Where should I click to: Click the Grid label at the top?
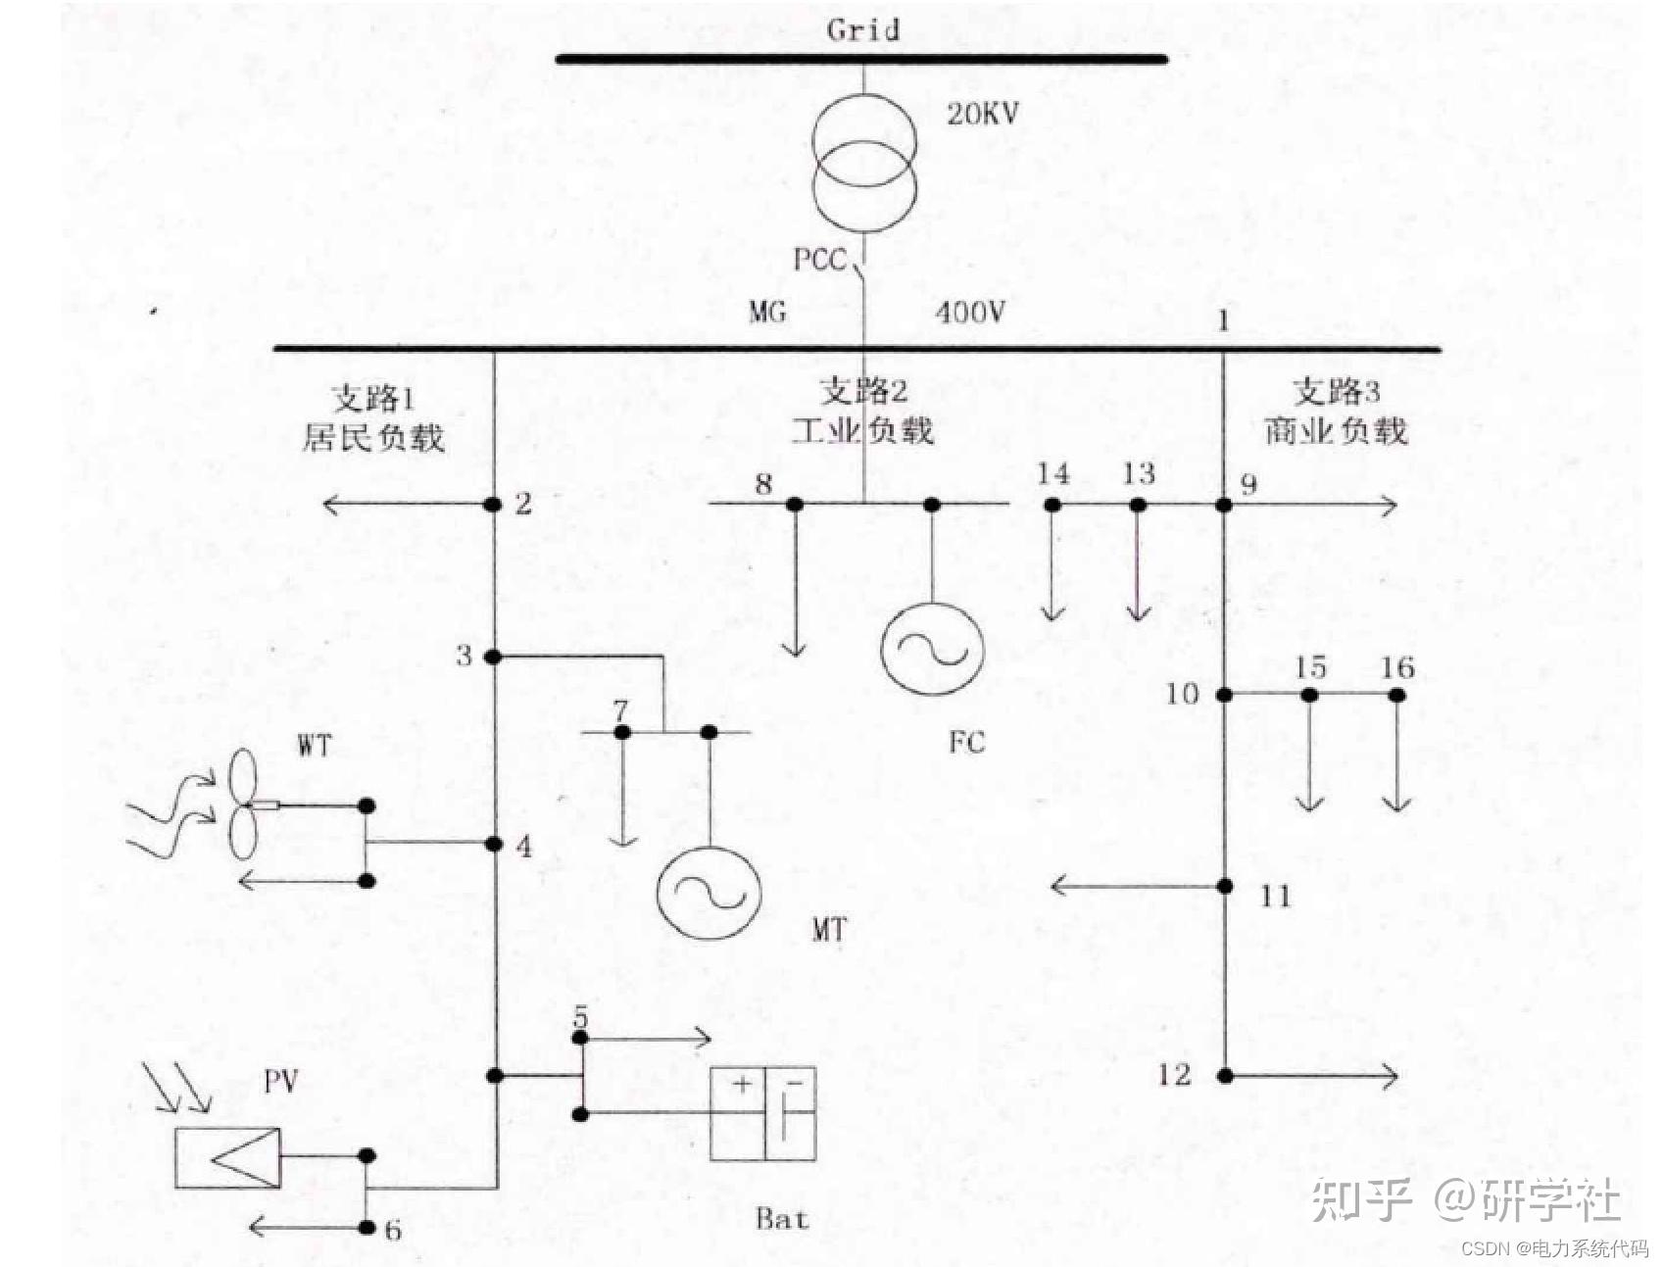click(x=862, y=29)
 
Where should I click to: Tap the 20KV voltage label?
click(x=983, y=114)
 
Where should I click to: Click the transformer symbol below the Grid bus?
click(x=864, y=163)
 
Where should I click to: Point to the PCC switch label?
click(x=819, y=260)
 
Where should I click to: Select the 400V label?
click(x=969, y=313)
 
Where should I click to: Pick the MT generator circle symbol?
click(x=709, y=893)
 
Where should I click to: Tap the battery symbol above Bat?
click(x=763, y=1113)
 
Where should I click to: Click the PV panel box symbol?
click(x=228, y=1157)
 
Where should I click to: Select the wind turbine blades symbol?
click(x=243, y=804)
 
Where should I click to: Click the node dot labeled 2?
click(x=493, y=505)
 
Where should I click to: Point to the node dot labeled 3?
click(x=493, y=657)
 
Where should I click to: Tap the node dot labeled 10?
click(x=1224, y=695)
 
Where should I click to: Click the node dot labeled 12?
click(x=1225, y=1076)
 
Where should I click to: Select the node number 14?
click(x=1053, y=473)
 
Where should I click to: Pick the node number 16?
click(x=1397, y=668)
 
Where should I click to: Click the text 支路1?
click(x=373, y=398)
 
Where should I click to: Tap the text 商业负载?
click(x=1336, y=430)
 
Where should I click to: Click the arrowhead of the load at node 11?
click(x=1058, y=887)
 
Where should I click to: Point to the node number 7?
click(x=620, y=709)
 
